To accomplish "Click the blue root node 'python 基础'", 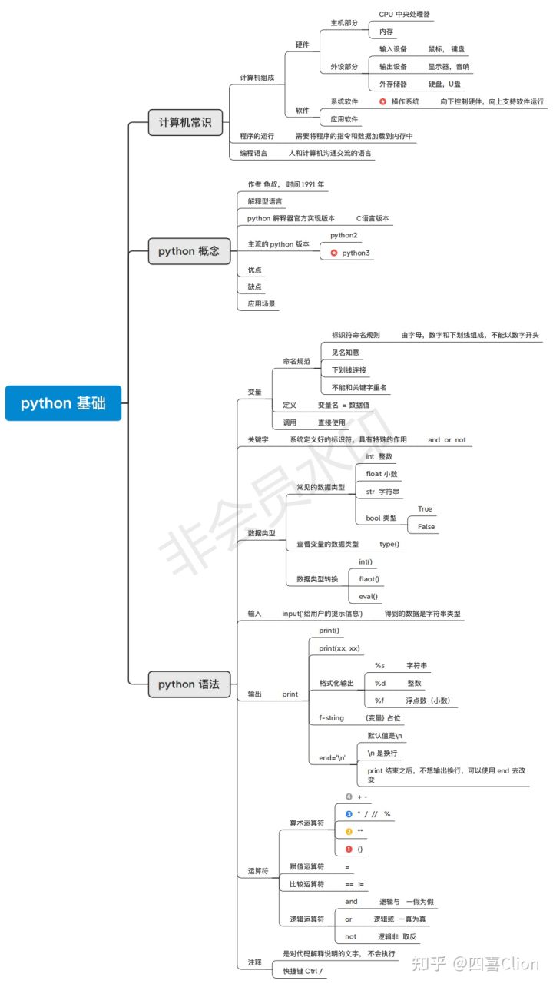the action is coord(63,403).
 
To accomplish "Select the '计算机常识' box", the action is coord(185,122).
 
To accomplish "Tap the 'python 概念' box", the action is coord(189,251).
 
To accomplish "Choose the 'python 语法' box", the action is coord(189,684).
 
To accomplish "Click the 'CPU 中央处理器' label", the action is coord(404,14).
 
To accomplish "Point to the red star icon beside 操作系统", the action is coord(382,102).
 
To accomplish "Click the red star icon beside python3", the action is coord(333,253).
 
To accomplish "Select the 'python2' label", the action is coord(343,235).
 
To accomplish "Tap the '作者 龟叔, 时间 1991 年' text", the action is coord(286,184).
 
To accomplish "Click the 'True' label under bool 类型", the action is coord(425,509).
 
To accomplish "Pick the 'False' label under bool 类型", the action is coord(426,527).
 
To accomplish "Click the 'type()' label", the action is coord(389,544).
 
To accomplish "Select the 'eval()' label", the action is coord(369,597).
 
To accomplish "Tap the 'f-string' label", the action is coord(331,718).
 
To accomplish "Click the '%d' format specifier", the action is coord(380,684).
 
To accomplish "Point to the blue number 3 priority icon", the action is coord(349,814).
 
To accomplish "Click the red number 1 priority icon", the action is coord(349,849).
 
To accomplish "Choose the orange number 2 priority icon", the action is coord(349,831).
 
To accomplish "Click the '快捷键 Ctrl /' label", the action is coord(303,971).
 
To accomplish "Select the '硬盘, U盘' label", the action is coord(444,84).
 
